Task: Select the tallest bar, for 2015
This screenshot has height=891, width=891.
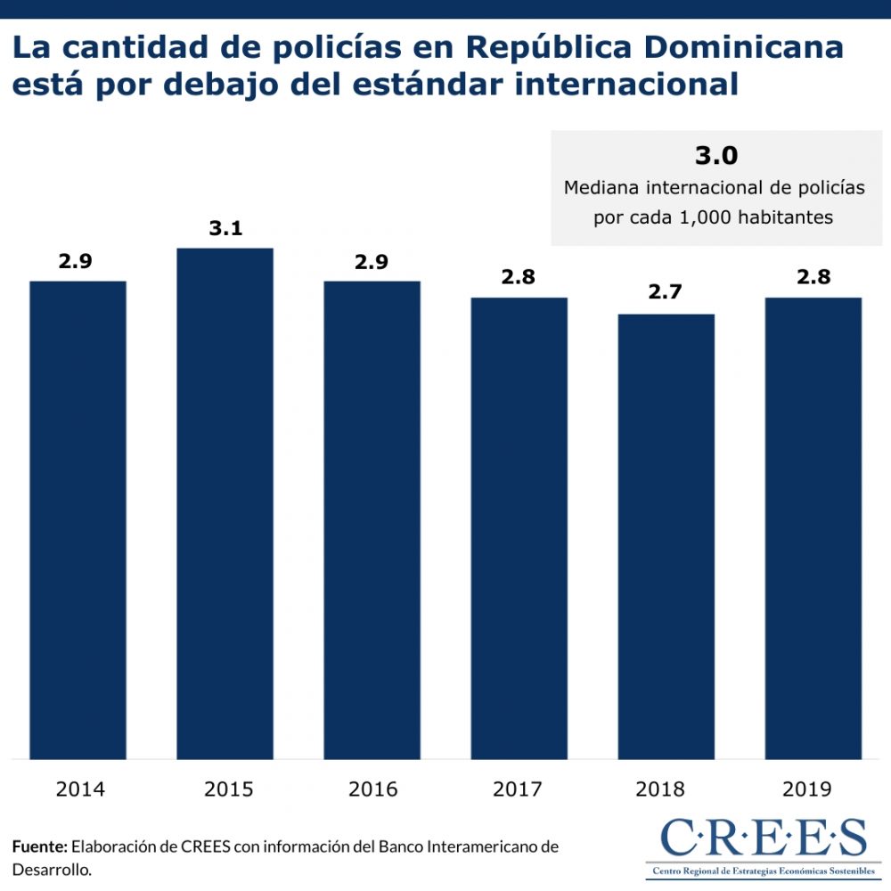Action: click(225, 503)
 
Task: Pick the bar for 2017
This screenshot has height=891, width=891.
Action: click(519, 527)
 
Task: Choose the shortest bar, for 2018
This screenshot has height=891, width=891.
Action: click(666, 536)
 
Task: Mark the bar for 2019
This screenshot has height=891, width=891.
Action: click(813, 527)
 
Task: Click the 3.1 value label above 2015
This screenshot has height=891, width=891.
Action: click(225, 228)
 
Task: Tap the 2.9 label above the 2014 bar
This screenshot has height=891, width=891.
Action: click(76, 261)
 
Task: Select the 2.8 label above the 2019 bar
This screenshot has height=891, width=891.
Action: click(813, 277)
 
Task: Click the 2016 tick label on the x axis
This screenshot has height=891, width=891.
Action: click(372, 789)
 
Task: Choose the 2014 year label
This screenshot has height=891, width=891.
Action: click(78, 789)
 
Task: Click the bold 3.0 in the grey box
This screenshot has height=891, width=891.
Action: click(716, 156)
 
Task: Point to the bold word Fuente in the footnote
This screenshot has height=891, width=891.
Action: click(39, 846)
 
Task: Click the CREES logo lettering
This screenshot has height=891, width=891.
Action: click(762, 838)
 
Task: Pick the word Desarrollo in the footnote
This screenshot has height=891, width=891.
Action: click(52, 869)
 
